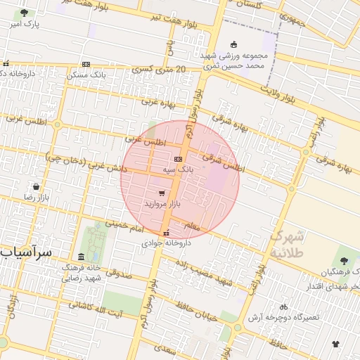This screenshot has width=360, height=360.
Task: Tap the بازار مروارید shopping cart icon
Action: coord(162,193)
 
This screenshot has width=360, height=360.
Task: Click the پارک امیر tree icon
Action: coord(25,13)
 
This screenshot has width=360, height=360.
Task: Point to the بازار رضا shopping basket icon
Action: coord(36,187)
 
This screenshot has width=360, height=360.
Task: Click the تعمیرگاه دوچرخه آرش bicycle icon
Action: coord(283,307)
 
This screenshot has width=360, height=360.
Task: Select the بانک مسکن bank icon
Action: coord(86,64)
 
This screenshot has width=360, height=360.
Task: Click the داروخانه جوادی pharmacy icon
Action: coord(166,233)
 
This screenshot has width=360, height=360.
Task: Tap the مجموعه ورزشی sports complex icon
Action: coord(234,44)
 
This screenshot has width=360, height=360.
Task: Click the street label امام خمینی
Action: coord(124,226)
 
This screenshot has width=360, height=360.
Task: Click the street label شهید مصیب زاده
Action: coord(205,274)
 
